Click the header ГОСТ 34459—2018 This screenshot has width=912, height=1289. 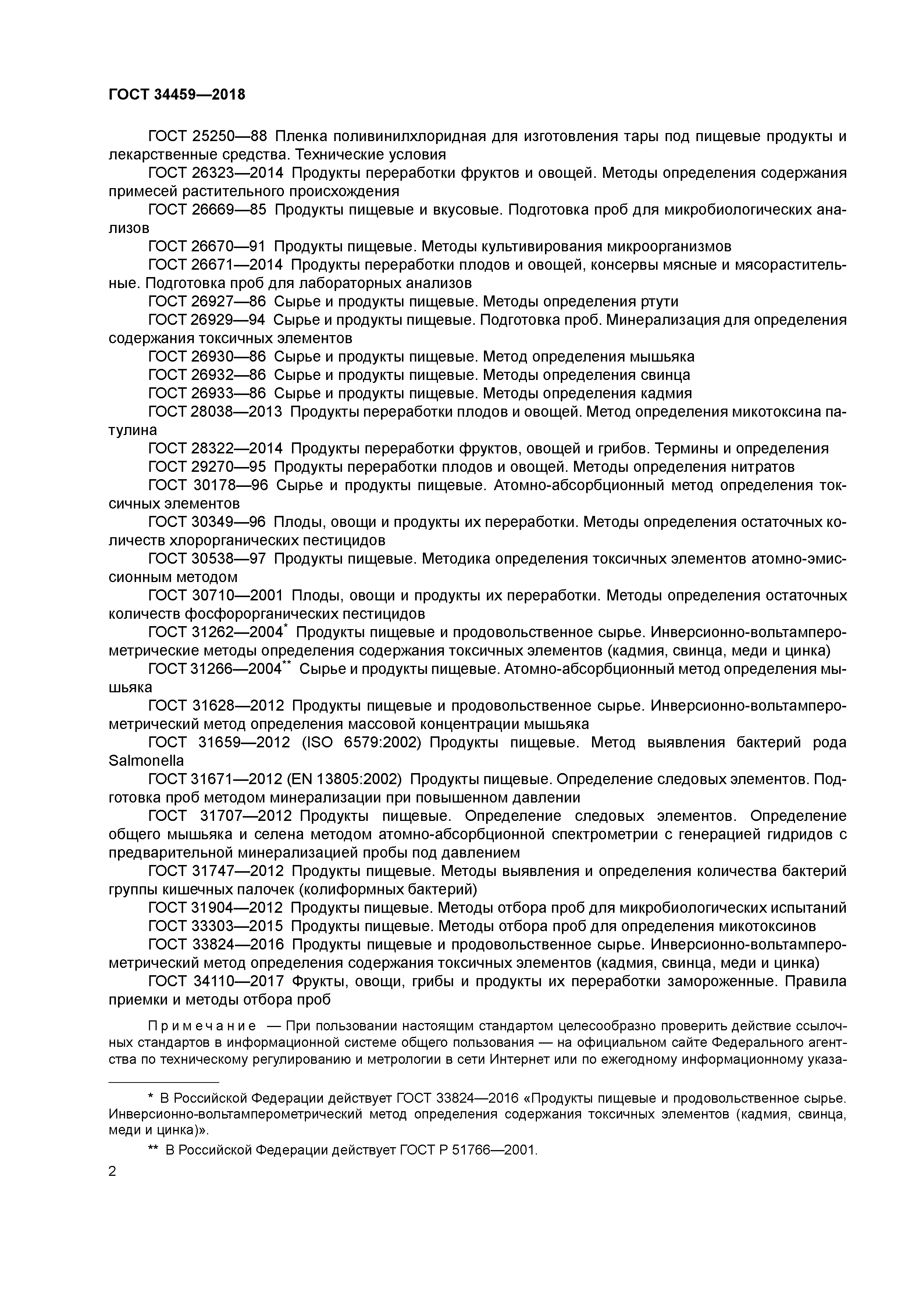pyautogui.click(x=177, y=95)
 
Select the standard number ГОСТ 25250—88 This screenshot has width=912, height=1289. pyautogui.click(x=207, y=136)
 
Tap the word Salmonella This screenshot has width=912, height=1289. pyautogui.click(x=146, y=761)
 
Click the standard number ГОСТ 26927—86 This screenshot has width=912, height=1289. pyautogui.click(x=207, y=302)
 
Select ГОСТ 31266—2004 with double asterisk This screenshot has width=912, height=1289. pyautogui.click(x=216, y=669)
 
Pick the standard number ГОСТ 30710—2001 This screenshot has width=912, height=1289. pyautogui.click(x=216, y=596)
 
